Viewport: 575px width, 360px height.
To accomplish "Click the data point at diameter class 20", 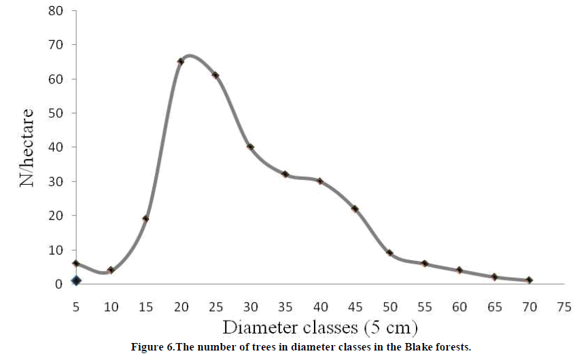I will click(181, 61).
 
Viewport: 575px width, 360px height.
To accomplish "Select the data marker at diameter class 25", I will click(215, 75).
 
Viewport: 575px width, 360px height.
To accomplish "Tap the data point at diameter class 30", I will click(251, 147).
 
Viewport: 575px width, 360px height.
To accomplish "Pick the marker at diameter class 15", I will click(145, 219).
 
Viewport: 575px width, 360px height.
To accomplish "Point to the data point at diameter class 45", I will click(355, 209).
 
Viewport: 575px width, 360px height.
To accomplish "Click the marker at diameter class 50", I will click(389, 253).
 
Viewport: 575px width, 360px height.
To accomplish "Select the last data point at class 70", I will click(529, 280).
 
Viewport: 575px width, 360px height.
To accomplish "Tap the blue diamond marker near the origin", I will click(76, 280).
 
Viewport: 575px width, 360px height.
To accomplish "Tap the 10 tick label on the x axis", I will click(111, 306).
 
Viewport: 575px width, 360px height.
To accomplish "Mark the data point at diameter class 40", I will click(320, 181).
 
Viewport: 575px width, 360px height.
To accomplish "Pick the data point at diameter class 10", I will click(111, 270).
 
